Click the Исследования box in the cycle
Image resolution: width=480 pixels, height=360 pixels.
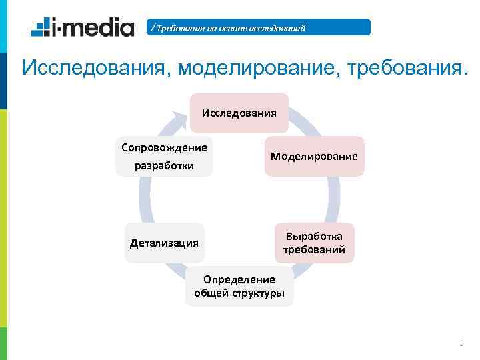pyautogui.click(x=239, y=112)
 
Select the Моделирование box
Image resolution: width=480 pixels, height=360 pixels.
pyautogui.click(x=314, y=156)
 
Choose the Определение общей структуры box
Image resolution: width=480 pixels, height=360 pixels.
pyautogui.click(x=239, y=286)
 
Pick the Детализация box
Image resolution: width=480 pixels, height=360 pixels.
pyautogui.click(x=164, y=243)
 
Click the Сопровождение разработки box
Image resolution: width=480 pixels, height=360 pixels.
pyautogui.click(x=164, y=156)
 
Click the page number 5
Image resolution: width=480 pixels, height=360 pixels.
pyautogui.click(x=461, y=343)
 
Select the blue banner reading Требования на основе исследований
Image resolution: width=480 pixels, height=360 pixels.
pyautogui.click(x=259, y=27)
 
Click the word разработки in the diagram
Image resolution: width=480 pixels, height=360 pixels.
pyautogui.click(x=164, y=165)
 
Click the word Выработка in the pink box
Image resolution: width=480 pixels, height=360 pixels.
pyautogui.click(x=314, y=237)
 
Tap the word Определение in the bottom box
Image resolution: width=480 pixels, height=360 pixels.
pyautogui.click(x=239, y=279)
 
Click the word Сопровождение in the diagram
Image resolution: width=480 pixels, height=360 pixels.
pyautogui.click(x=164, y=147)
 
